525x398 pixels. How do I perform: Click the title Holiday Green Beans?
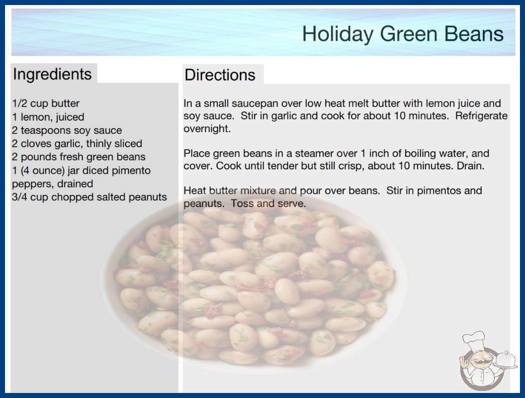(x=403, y=34)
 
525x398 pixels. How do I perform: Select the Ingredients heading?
(x=52, y=74)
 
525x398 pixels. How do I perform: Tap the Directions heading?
(x=220, y=75)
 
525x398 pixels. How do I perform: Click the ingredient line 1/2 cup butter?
(x=46, y=104)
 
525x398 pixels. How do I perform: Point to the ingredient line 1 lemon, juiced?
(x=48, y=117)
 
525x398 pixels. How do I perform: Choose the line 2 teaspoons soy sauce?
(x=67, y=130)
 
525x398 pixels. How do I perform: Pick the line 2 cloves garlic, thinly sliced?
(x=77, y=144)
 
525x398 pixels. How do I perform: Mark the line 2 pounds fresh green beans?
(x=79, y=157)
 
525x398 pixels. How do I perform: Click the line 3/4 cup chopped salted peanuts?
(x=89, y=197)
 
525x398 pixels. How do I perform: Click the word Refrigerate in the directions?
(x=481, y=116)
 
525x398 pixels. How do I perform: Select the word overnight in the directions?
(x=207, y=129)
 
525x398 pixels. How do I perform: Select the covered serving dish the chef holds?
(x=506, y=360)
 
